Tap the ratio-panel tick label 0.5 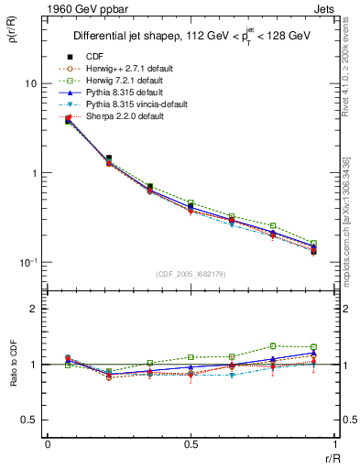point(30,420)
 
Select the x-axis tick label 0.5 point(191,444)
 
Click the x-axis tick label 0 point(48,444)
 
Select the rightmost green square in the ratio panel point(313,347)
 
